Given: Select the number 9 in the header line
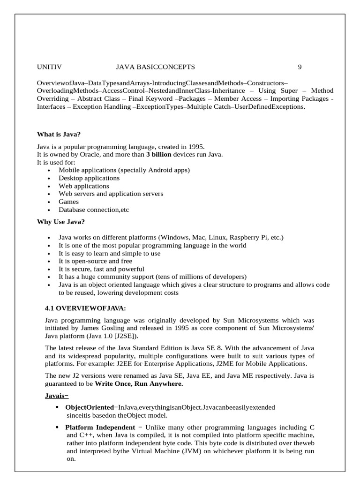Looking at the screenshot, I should coord(300,67).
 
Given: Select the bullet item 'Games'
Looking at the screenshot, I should coord(68,202).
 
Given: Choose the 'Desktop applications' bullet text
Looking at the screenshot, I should coord(89,178).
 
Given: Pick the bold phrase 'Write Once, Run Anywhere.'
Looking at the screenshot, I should coord(139,384).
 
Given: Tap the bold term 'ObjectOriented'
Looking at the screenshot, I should coord(90,407).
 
